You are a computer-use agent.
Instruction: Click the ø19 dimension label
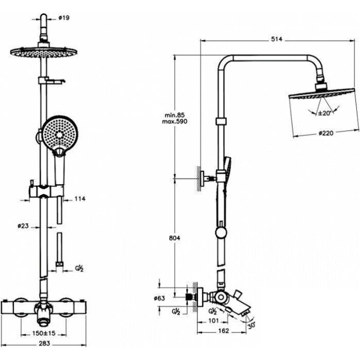click(x=64, y=18)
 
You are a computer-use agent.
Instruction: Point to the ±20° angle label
click(x=324, y=113)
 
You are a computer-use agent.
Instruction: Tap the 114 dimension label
click(x=80, y=198)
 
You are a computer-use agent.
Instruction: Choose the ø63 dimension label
click(x=159, y=298)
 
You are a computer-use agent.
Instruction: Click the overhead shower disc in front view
click(x=43, y=52)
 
